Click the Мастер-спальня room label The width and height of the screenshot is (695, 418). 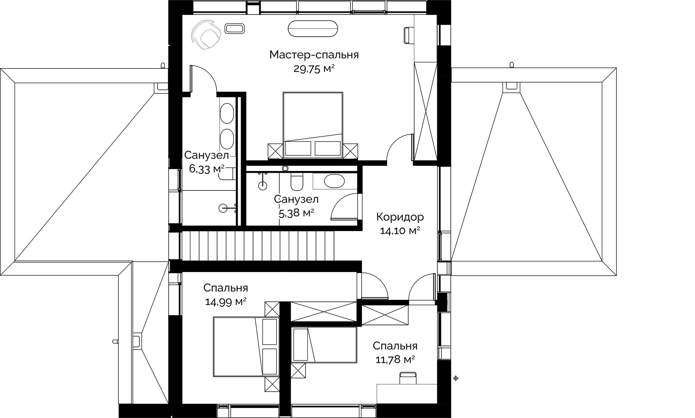tap(314, 55)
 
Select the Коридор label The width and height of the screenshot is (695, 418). tap(400, 217)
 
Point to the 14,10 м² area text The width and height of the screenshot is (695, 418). tap(400, 231)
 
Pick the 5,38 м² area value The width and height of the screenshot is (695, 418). tap(296, 213)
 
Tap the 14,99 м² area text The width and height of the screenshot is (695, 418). tap(226, 302)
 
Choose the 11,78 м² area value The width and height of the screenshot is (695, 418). tap(394, 360)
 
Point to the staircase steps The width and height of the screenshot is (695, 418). tap(258, 246)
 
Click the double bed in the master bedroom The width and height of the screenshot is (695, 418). tap(313, 125)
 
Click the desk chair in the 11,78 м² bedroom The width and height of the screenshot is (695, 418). tap(408, 377)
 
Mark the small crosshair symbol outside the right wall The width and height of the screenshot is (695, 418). tap(456, 379)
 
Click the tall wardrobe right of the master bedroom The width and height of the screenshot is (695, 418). tap(426, 110)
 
